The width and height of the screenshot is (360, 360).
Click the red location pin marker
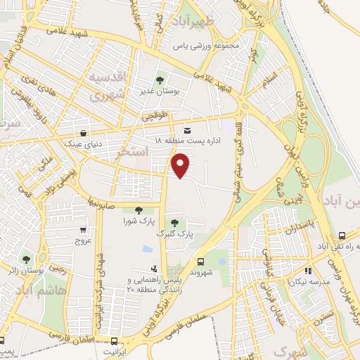coord(181,165)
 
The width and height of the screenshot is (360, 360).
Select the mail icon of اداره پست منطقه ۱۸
coord(186,131)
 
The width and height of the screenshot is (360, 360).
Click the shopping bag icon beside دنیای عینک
coord(84,132)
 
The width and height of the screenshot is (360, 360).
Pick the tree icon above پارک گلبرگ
coord(174,223)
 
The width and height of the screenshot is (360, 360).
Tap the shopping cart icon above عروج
coord(84,230)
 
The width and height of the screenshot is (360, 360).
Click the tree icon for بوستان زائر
coord(26,260)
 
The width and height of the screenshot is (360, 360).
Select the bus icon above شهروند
coord(201,259)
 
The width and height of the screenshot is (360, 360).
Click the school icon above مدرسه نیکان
coord(307,271)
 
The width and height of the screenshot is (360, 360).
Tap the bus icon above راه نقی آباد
coord(341,236)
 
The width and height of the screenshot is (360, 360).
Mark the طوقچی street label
coord(156,117)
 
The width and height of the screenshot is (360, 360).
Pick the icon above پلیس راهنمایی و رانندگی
coord(155,268)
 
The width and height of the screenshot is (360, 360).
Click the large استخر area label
coord(134,151)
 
